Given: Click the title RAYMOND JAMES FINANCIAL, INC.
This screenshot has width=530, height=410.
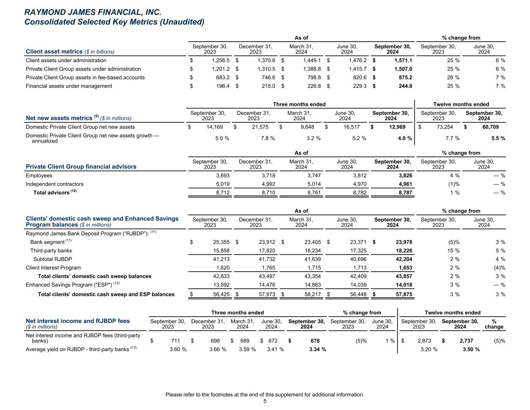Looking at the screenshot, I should click(x=93, y=12).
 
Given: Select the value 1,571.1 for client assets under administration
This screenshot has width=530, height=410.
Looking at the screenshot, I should click(x=403, y=61).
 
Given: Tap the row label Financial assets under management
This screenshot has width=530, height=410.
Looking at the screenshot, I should click(x=69, y=86).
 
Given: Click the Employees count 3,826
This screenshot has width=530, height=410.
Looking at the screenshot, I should click(x=405, y=176).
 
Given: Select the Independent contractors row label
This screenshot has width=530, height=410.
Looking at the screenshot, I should click(x=54, y=184).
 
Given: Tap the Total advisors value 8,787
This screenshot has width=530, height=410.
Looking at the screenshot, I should click(x=405, y=193).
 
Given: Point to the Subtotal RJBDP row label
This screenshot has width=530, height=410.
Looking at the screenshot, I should click(x=52, y=259).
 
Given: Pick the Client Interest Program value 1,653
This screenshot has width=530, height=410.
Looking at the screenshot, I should click(x=405, y=268).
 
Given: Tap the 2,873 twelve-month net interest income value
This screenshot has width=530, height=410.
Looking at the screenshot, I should click(x=424, y=341).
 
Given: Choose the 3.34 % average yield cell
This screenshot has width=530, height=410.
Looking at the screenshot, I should click(x=317, y=349).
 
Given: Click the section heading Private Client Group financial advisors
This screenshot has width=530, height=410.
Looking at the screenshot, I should click(x=81, y=167).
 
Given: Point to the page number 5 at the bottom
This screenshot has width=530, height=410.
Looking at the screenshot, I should click(x=265, y=401).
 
